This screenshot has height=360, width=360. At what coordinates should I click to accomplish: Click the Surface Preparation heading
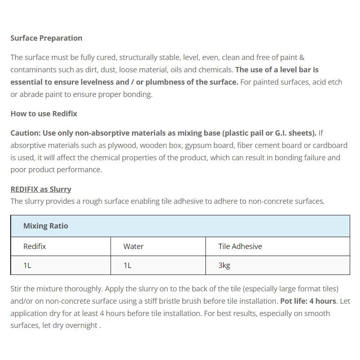pyautogui.click(x=46, y=38)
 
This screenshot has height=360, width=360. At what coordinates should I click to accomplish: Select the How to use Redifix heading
pyautogui.click(x=44, y=114)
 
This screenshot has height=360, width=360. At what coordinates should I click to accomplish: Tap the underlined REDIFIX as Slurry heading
pyautogui.click(x=41, y=189)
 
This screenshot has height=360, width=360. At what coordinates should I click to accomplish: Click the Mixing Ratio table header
pyautogui.click(x=46, y=226)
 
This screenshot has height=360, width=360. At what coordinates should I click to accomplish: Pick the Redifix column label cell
pyautogui.click(x=35, y=247)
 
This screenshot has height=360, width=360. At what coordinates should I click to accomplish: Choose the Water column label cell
pyautogui.click(x=134, y=247)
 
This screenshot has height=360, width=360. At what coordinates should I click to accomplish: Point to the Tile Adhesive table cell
pyautogui.click(x=240, y=247)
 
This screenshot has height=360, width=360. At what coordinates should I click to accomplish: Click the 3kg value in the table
pyautogui.click(x=224, y=265)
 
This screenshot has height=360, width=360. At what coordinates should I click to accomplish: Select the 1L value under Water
pyautogui.click(x=127, y=265)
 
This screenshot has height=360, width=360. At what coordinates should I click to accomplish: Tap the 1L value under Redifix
pyautogui.click(x=27, y=265)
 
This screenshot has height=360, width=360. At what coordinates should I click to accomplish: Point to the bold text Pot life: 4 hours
pyautogui.click(x=308, y=301)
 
